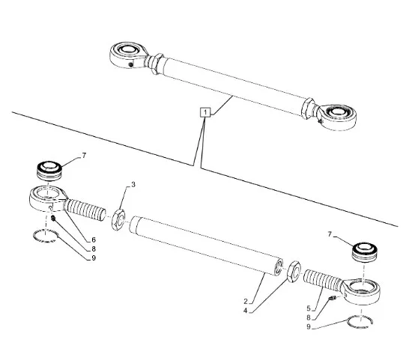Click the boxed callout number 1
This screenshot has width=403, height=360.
[x=205, y=112]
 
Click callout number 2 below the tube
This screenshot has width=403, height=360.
[x=246, y=301]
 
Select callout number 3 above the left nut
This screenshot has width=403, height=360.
[x=133, y=185]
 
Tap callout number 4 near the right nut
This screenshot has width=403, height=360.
[x=246, y=311]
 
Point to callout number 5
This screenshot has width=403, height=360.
[x=309, y=308]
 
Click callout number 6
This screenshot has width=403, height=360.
[x=94, y=240]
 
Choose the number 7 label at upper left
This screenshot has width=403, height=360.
[x=84, y=156]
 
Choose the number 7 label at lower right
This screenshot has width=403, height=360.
[x=330, y=234]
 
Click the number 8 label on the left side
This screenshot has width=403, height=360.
[x=94, y=248]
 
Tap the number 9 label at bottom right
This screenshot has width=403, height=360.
[x=309, y=327]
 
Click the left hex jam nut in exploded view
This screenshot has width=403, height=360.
[x=118, y=219]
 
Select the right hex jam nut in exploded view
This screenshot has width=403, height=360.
[x=294, y=272]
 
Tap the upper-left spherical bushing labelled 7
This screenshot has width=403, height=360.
[x=50, y=171]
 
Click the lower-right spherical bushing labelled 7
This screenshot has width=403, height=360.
[x=365, y=252]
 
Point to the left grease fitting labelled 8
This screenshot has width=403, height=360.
[x=53, y=219]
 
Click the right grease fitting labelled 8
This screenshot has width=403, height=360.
[x=333, y=298]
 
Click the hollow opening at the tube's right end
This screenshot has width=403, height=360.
[x=279, y=267]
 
